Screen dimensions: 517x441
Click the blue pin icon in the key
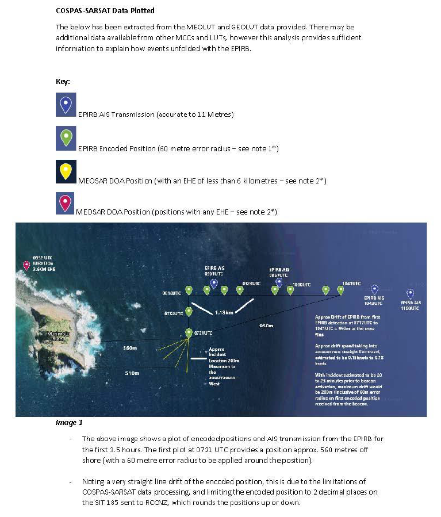point(66,105)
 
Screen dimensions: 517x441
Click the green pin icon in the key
point(66,139)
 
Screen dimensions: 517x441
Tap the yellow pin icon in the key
point(66,171)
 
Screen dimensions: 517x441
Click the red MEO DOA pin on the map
point(26,265)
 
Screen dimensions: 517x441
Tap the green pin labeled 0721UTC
point(189,332)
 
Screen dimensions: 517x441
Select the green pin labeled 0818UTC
point(188,290)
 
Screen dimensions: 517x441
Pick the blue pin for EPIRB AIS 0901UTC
point(214,283)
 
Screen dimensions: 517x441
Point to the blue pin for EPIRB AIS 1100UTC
point(411,294)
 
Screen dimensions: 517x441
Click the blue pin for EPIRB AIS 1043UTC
point(374,289)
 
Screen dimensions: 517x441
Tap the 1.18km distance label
point(224,313)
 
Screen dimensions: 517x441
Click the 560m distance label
point(131,348)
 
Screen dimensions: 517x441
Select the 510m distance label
point(132,373)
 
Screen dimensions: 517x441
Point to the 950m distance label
point(266,326)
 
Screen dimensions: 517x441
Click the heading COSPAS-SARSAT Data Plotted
point(105,11)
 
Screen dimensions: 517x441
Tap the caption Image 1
point(69,423)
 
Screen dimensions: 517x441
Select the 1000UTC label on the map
point(301,284)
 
